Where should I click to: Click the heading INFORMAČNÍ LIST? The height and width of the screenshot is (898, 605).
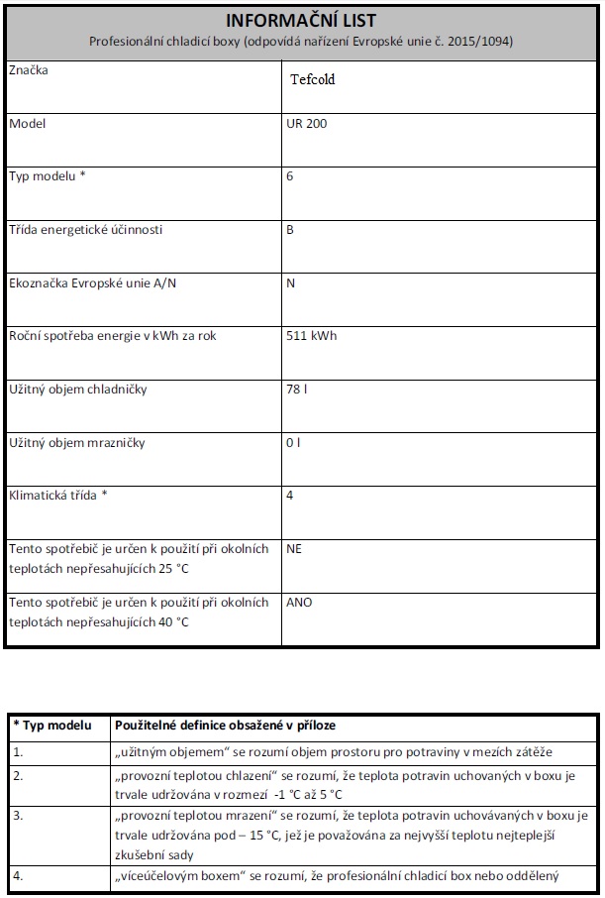[x=300, y=20]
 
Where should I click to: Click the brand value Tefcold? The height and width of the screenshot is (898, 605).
[x=313, y=79]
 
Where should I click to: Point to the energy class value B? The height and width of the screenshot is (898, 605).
[x=290, y=230]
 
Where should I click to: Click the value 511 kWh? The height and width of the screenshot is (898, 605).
[x=311, y=336]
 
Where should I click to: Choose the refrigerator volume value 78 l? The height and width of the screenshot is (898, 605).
[x=297, y=389]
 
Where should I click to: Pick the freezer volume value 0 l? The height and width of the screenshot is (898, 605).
[x=293, y=442]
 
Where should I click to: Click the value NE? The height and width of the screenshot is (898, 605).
[x=293, y=547]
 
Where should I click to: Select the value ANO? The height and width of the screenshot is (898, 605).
[x=299, y=602]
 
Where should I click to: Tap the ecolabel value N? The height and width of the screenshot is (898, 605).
[x=290, y=282]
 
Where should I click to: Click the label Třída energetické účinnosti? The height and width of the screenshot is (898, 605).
[x=85, y=230]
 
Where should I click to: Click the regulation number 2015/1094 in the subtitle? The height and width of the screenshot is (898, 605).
[x=484, y=42]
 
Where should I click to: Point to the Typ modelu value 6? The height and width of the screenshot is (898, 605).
[x=289, y=176]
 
